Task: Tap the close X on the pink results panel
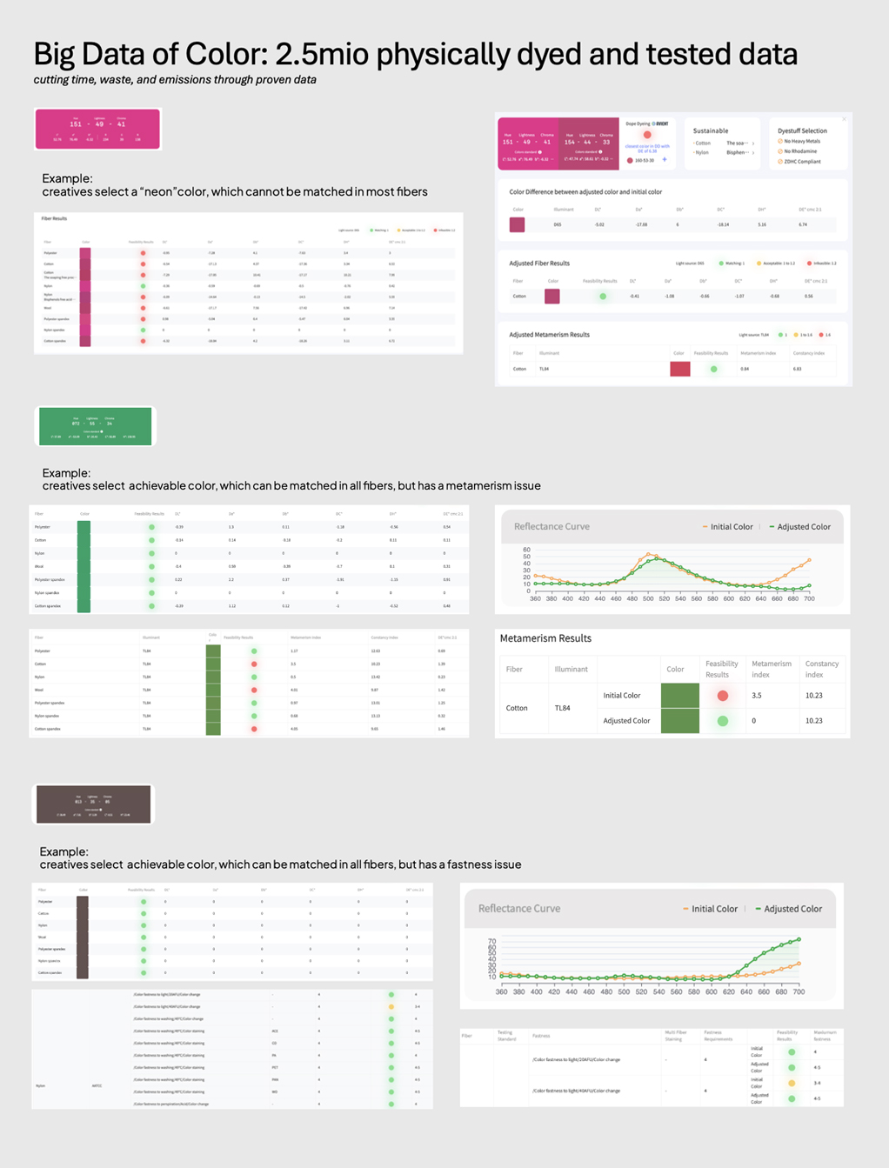[x=844, y=119]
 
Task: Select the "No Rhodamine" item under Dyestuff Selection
[x=800, y=151]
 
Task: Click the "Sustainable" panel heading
[x=711, y=130]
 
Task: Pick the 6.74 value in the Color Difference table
[x=803, y=224]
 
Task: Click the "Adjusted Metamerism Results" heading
[x=549, y=334]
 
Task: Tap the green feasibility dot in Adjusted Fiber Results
[x=603, y=297]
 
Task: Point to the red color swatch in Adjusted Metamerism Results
[x=680, y=369]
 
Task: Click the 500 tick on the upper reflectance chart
[x=648, y=598]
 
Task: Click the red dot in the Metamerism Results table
[x=722, y=696]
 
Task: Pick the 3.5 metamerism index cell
[x=757, y=696]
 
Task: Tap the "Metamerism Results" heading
[x=545, y=638]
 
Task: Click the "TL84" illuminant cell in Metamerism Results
[x=563, y=708]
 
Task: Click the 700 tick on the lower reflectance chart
[x=799, y=991]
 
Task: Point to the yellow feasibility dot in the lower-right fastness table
[x=792, y=1084]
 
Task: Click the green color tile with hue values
[x=96, y=426]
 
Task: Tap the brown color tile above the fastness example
[x=93, y=804]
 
